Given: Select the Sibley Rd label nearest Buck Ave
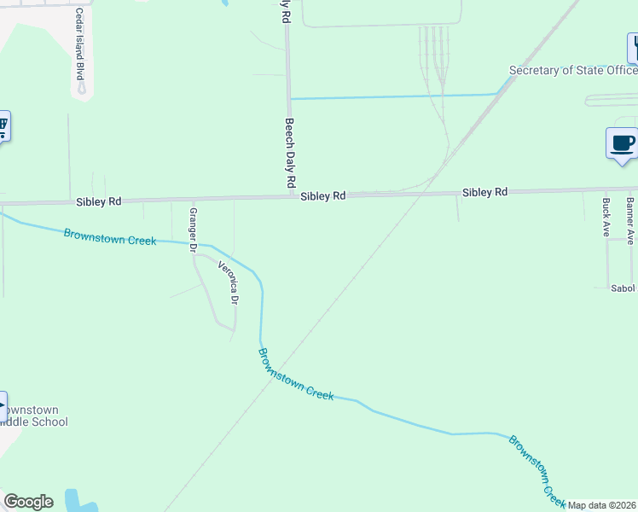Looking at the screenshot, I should tap(484, 192).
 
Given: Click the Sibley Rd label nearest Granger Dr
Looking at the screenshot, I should tap(98, 201).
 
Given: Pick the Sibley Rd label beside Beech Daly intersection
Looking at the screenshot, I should tap(322, 195).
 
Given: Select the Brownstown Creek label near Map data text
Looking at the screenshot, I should tap(537, 469).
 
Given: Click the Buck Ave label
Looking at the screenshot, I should tap(606, 218).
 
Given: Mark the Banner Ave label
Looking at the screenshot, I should tap(630, 221).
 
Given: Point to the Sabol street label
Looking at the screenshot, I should tap(623, 288).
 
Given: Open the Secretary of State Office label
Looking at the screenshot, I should tap(572, 70).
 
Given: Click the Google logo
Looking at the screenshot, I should tap(28, 502).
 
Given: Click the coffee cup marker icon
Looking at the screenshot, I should tap(621, 143).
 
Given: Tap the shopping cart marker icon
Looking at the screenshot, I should tap(3, 128).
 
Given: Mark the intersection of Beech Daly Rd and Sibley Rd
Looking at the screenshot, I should tap(289, 196).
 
